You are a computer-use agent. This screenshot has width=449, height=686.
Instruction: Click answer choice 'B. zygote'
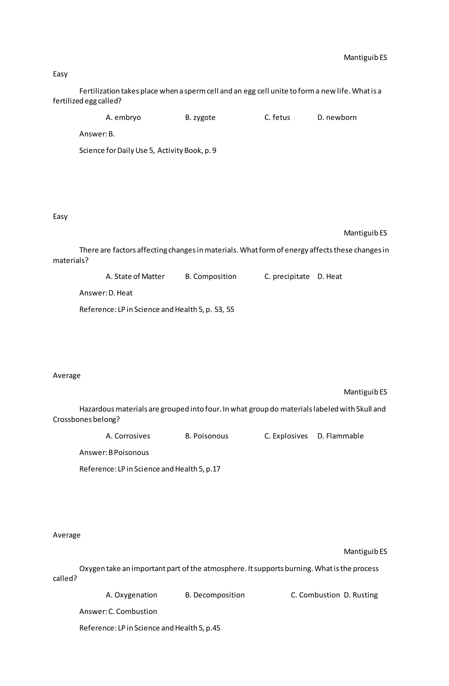200,117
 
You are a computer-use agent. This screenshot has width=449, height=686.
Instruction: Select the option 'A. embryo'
123,117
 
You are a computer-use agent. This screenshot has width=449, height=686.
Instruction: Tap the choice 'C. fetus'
277,117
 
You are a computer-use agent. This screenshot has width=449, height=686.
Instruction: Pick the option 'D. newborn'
337,117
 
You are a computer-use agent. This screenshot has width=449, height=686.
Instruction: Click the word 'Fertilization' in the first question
99,91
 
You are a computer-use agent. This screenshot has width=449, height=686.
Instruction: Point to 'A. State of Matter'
135,276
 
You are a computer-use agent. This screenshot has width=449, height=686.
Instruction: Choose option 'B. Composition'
211,276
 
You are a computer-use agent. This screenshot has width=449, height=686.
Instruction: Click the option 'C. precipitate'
287,276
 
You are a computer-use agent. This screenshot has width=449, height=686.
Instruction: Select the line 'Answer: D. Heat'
106,293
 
